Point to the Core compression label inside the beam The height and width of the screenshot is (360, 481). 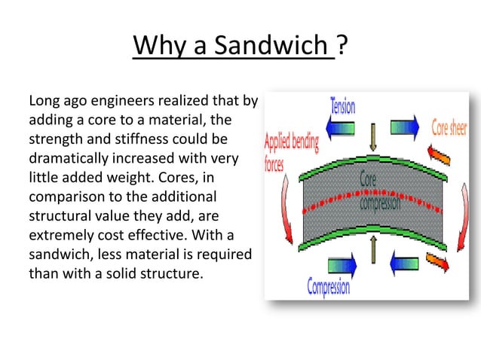379,193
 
